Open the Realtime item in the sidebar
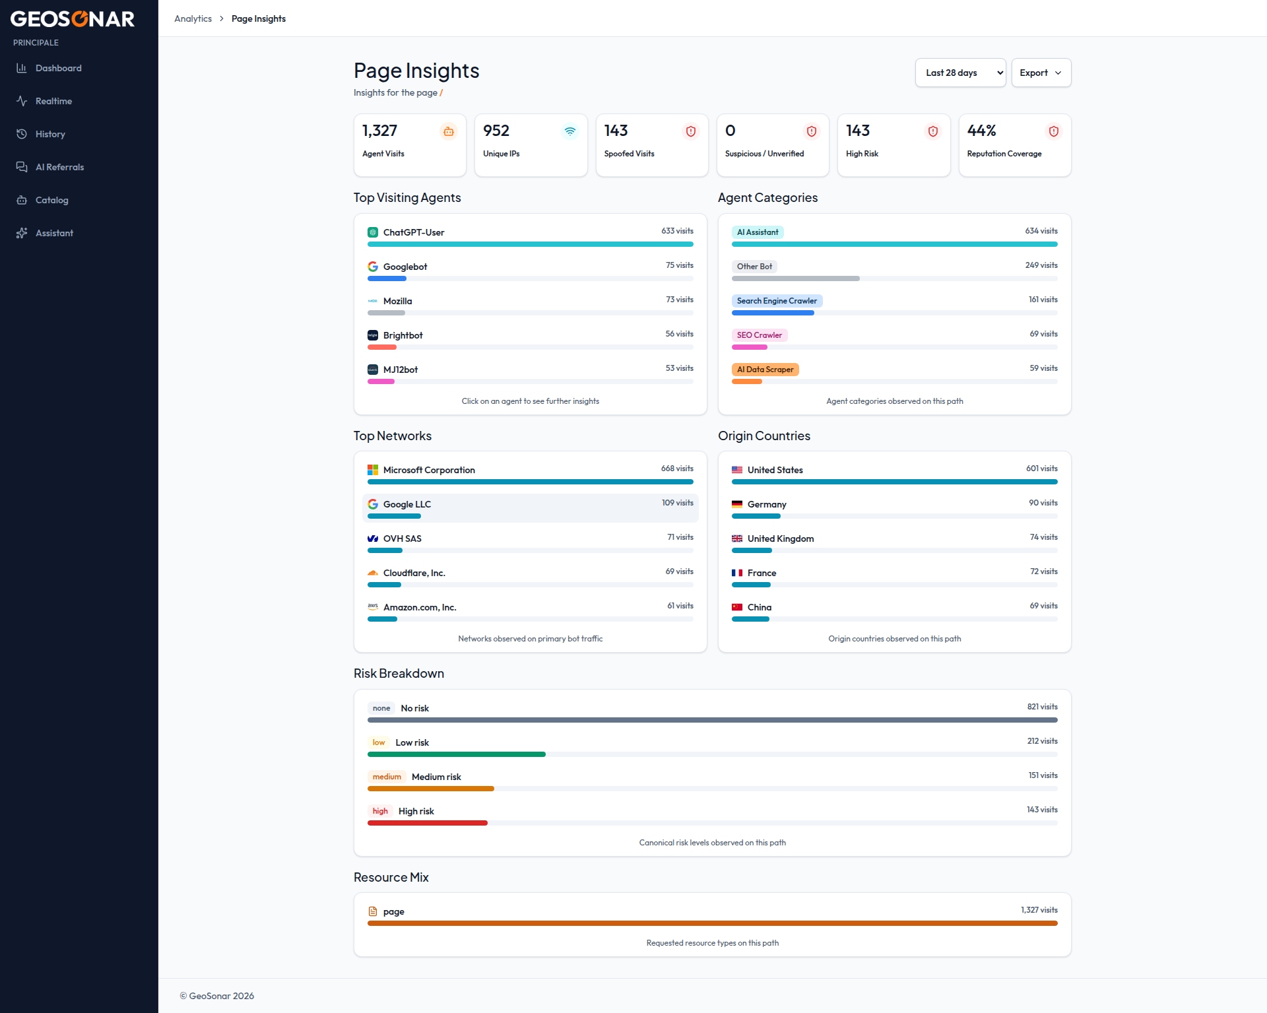(x=53, y=101)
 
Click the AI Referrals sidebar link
(x=59, y=167)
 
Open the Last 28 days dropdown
(x=960, y=73)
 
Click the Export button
(x=1041, y=73)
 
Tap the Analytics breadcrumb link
(x=193, y=18)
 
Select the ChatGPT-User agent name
(x=414, y=232)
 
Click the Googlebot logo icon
(x=373, y=267)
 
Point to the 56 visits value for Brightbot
(x=679, y=334)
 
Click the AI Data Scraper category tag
(x=765, y=370)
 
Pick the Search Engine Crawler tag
(x=777, y=301)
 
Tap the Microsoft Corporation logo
(x=373, y=470)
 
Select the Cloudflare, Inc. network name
(x=414, y=573)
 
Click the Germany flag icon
(x=737, y=504)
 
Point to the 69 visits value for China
(x=1043, y=606)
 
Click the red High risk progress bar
(x=428, y=823)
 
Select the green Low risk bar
(x=457, y=754)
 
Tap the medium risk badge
(x=387, y=777)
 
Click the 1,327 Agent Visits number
(x=379, y=131)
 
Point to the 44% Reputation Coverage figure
(x=981, y=131)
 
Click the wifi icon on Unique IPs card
(x=570, y=131)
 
